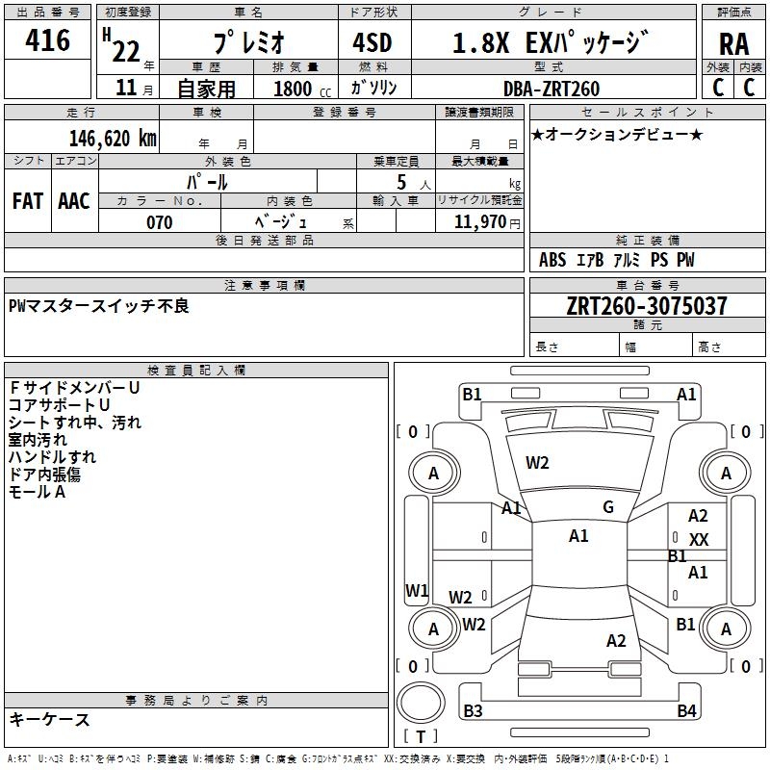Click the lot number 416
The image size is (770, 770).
coord(48,41)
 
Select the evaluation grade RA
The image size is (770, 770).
coord(733,44)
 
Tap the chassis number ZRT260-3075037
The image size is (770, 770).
coord(646,306)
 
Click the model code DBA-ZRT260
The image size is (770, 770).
coord(551,89)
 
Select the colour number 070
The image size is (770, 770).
coord(160,222)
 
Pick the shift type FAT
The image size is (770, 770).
coord(28,201)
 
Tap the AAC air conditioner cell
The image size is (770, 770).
coord(74,201)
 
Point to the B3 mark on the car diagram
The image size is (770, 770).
coord(473,711)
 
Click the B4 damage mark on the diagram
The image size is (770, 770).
coord(686,711)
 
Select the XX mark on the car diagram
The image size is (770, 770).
coord(699,540)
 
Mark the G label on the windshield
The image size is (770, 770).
coord(608,507)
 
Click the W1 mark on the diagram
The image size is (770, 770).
coord(417,590)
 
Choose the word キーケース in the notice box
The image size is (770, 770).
coord(49,719)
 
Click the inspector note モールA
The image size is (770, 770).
coord(37,492)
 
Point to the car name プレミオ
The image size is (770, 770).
coord(247,43)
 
